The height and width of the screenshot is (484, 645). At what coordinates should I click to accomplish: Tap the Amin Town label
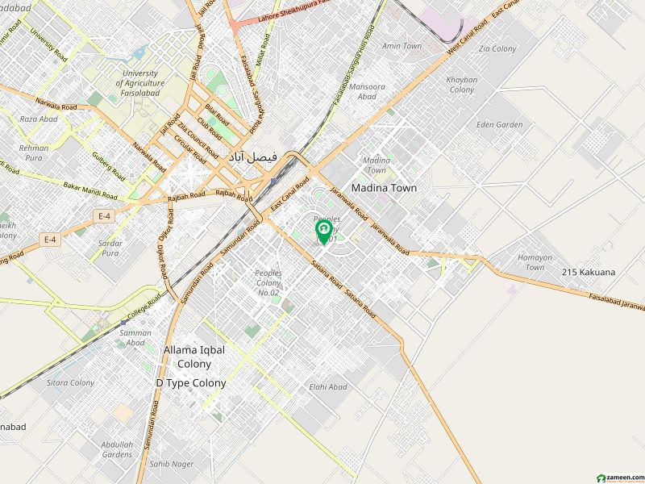[402, 46]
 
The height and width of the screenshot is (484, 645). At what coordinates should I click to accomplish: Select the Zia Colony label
[497, 49]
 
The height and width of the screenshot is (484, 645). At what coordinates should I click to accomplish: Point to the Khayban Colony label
[462, 85]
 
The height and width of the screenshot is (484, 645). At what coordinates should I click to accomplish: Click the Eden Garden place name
[499, 125]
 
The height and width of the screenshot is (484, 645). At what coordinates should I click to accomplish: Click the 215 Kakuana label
[589, 273]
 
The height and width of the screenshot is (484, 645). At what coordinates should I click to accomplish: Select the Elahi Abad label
[328, 387]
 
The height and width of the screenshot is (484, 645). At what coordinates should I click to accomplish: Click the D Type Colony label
[191, 383]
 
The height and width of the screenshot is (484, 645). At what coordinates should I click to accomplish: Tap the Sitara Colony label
[70, 382]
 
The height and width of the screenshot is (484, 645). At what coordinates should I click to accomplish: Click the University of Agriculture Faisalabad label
[140, 83]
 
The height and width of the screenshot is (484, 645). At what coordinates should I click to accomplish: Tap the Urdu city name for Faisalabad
[252, 156]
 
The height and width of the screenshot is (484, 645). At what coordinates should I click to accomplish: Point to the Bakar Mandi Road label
[89, 191]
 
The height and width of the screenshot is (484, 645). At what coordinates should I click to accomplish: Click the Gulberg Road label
[109, 165]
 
